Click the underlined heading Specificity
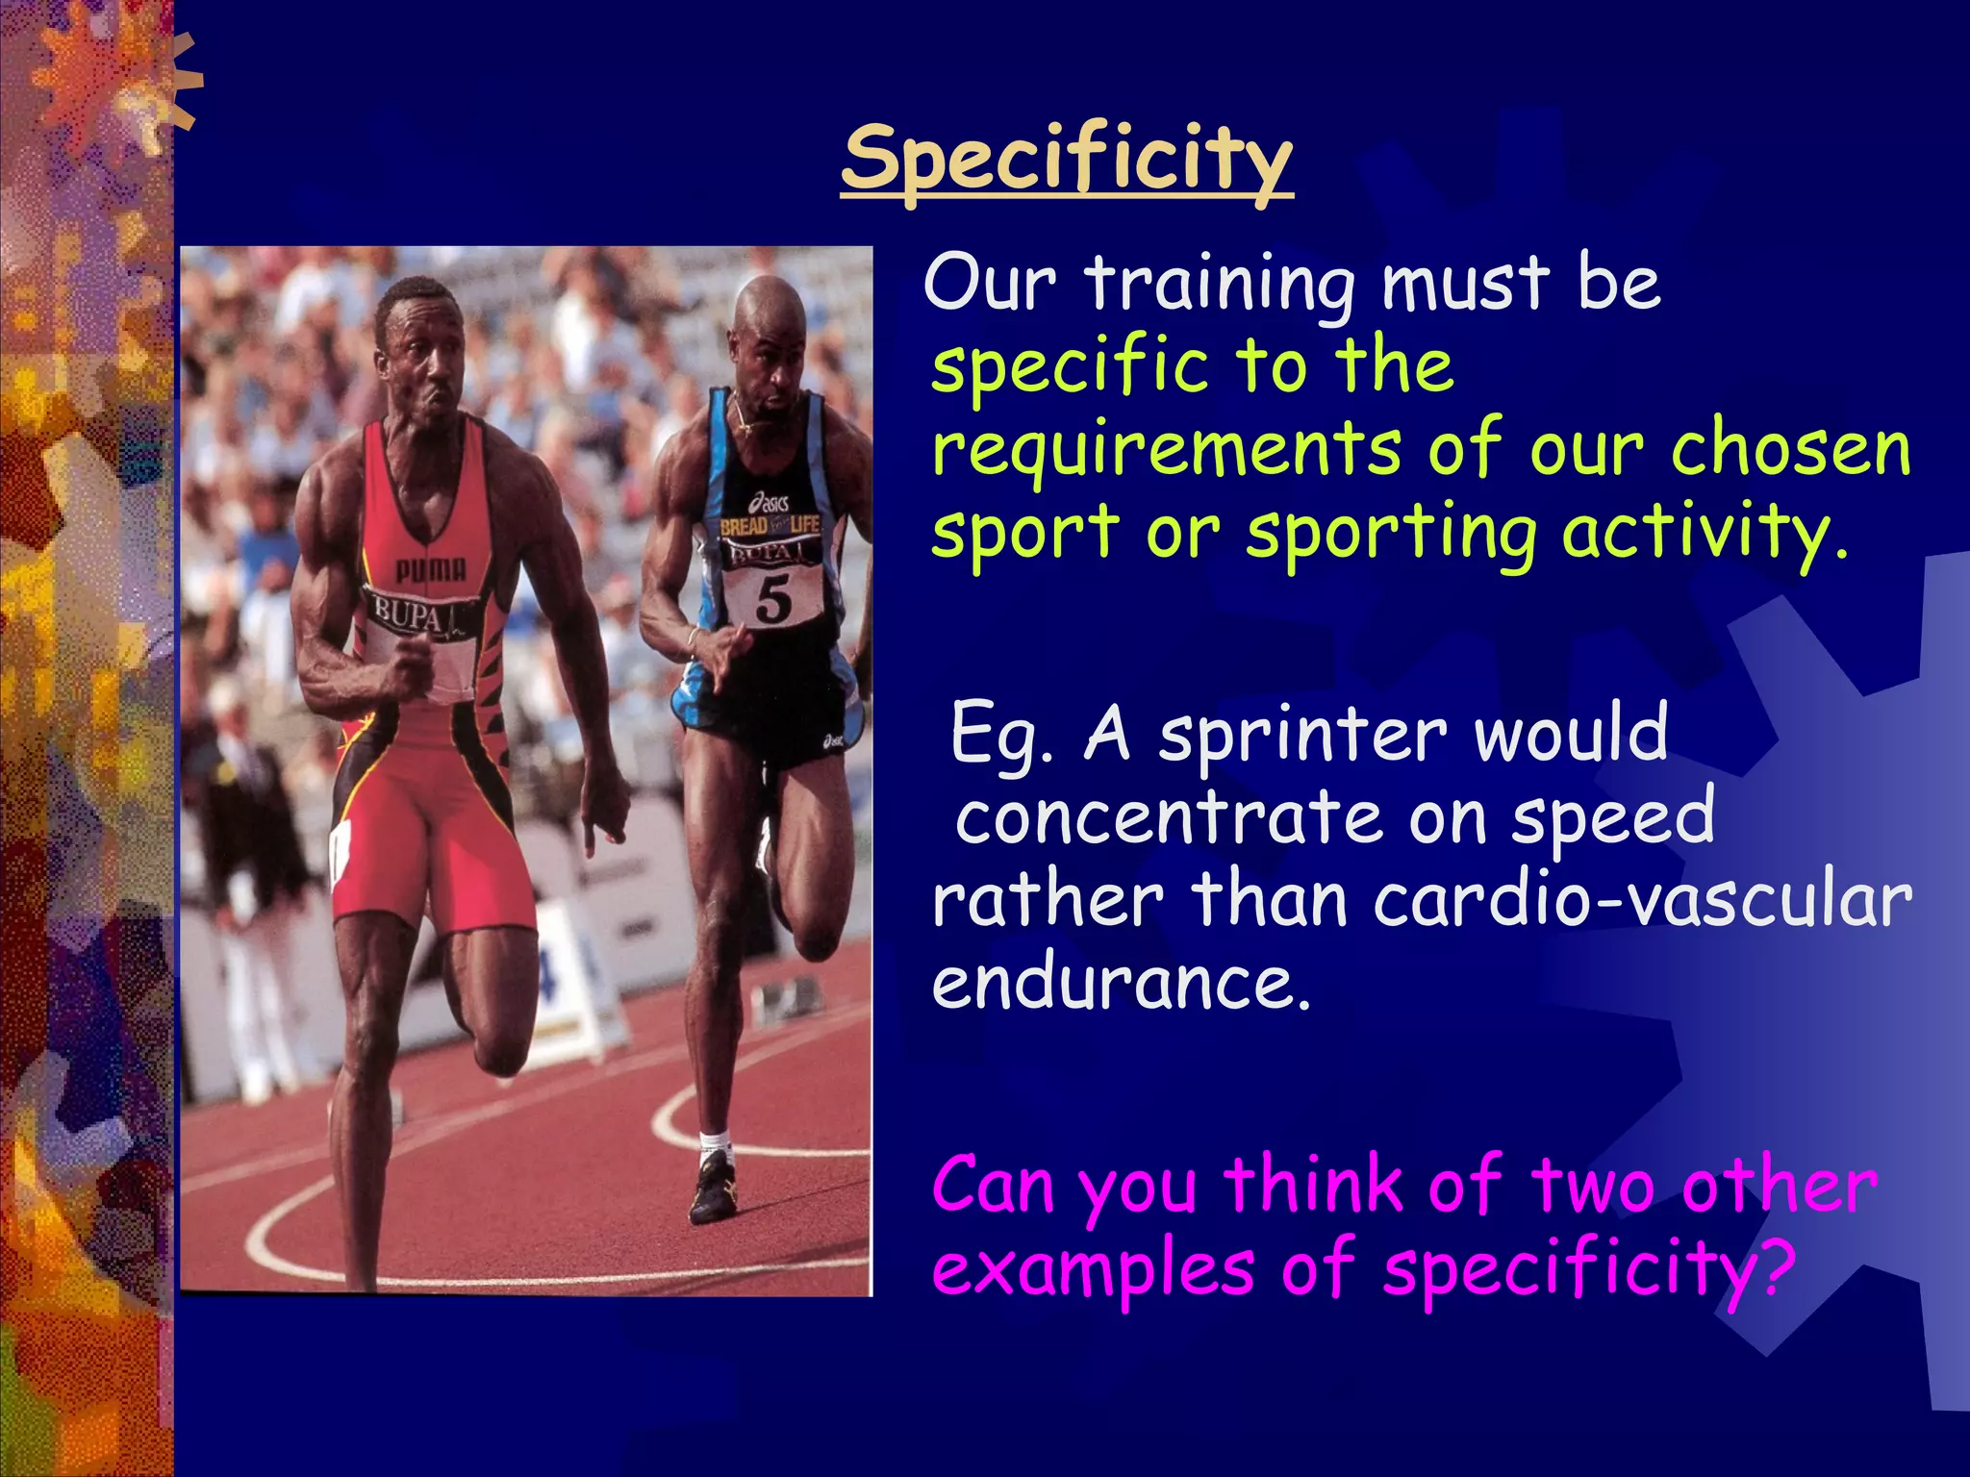point(1066,161)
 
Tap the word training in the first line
point(1220,286)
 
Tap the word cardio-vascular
point(1642,901)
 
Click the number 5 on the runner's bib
point(773,599)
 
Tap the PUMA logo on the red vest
point(430,571)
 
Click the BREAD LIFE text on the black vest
point(770,525)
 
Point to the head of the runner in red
point(417,341)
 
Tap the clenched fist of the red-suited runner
point(414,663)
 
